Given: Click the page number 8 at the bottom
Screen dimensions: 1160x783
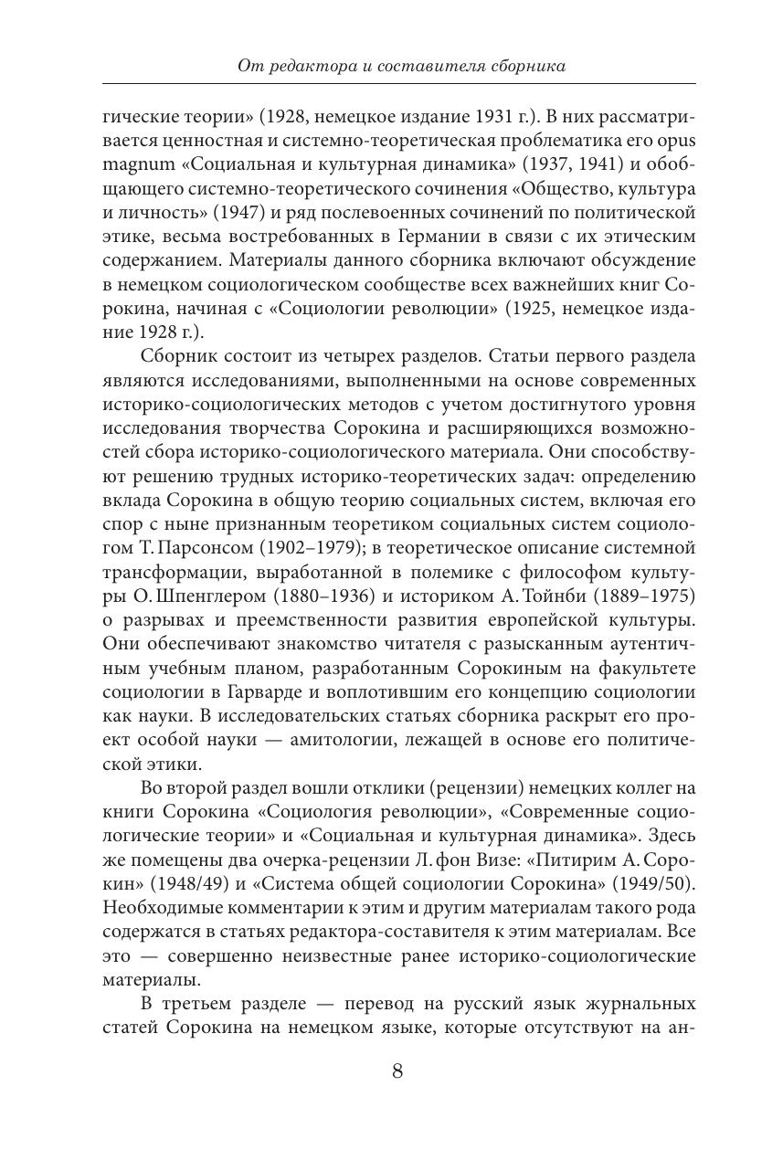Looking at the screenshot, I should pos(397,1070).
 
